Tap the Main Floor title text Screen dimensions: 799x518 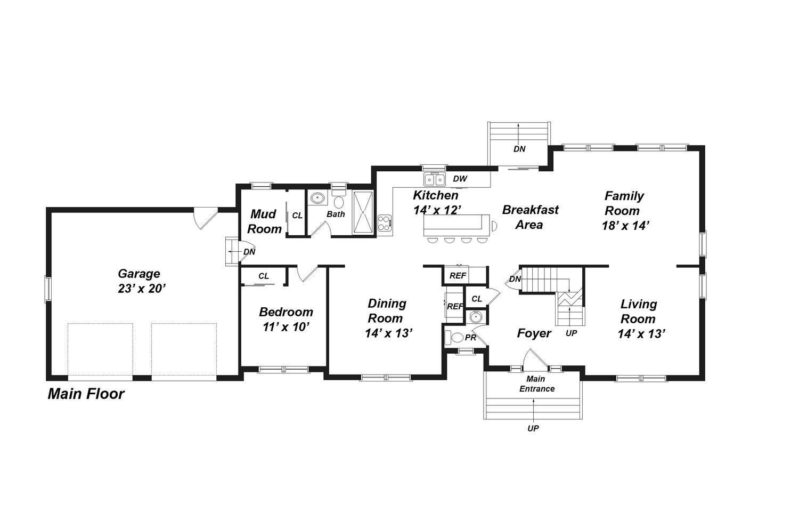86,394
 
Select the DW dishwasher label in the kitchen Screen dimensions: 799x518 460,179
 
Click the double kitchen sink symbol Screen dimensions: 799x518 435,179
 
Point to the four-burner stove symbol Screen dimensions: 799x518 385,224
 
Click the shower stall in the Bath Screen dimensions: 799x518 363,212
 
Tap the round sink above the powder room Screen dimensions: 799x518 476,317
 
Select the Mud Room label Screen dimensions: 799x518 264,221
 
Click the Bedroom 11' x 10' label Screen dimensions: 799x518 286,320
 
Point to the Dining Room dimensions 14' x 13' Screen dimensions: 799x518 389,333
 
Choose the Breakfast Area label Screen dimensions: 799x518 530,217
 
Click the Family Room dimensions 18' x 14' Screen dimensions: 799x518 626,226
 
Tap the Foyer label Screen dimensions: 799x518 534,333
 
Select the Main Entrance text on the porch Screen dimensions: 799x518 536,384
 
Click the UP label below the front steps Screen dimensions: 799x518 533,428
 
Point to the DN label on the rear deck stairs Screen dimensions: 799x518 519,149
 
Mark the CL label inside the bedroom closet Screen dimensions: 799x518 264,276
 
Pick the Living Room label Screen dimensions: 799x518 639,312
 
